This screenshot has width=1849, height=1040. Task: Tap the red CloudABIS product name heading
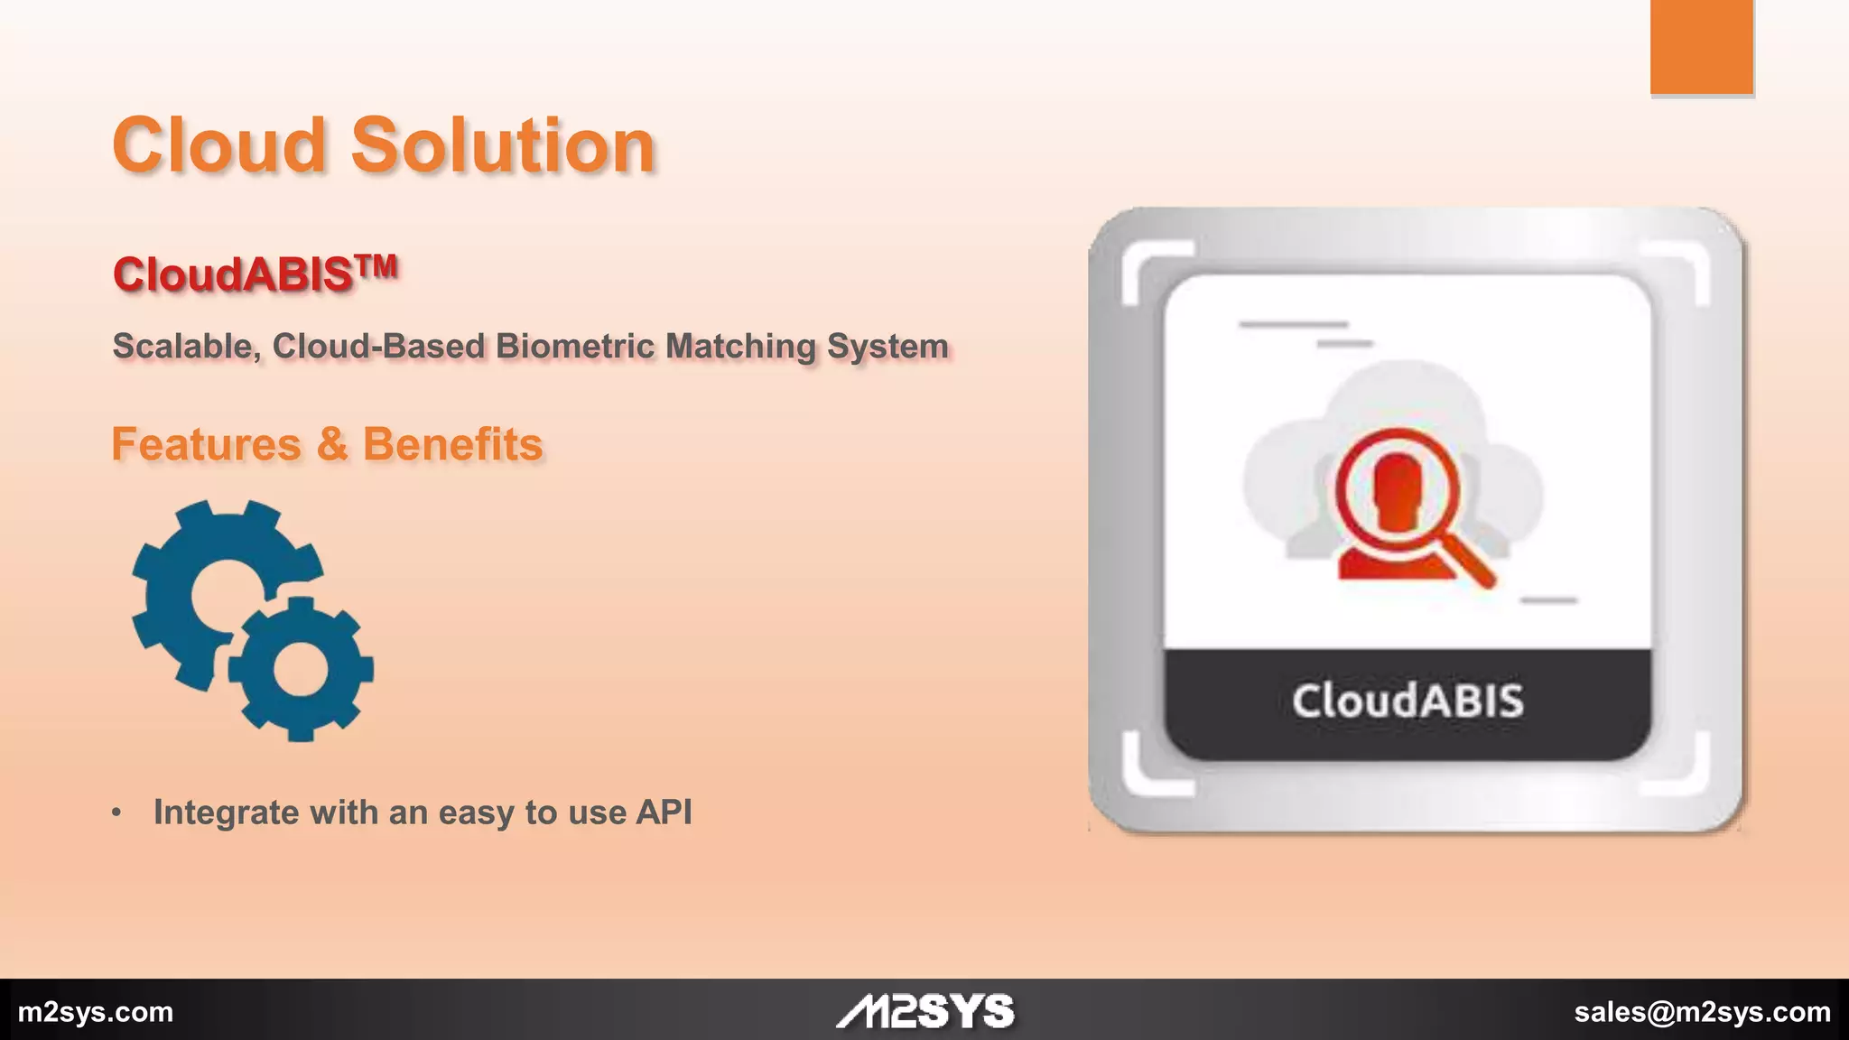click(233, 274)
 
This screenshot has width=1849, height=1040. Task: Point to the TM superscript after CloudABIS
click(376, 265)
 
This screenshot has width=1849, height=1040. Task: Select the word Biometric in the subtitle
click(574, 346)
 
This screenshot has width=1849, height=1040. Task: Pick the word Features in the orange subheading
click(206, 444)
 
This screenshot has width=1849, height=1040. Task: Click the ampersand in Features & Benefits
click(332, 444)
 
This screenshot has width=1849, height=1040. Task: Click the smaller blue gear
click(300, 669)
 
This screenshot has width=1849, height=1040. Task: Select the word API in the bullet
click(664, 812)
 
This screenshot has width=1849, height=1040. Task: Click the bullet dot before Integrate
click(116, 812)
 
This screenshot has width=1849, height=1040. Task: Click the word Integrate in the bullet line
click(226, 812)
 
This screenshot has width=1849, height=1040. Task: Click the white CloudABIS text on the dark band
click(1408, 701)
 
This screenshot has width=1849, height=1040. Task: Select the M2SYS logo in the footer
click(924, 1011)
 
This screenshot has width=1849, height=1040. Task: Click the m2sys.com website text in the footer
click(96, 1012)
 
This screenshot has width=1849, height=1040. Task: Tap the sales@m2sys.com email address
click(1702, 1012)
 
